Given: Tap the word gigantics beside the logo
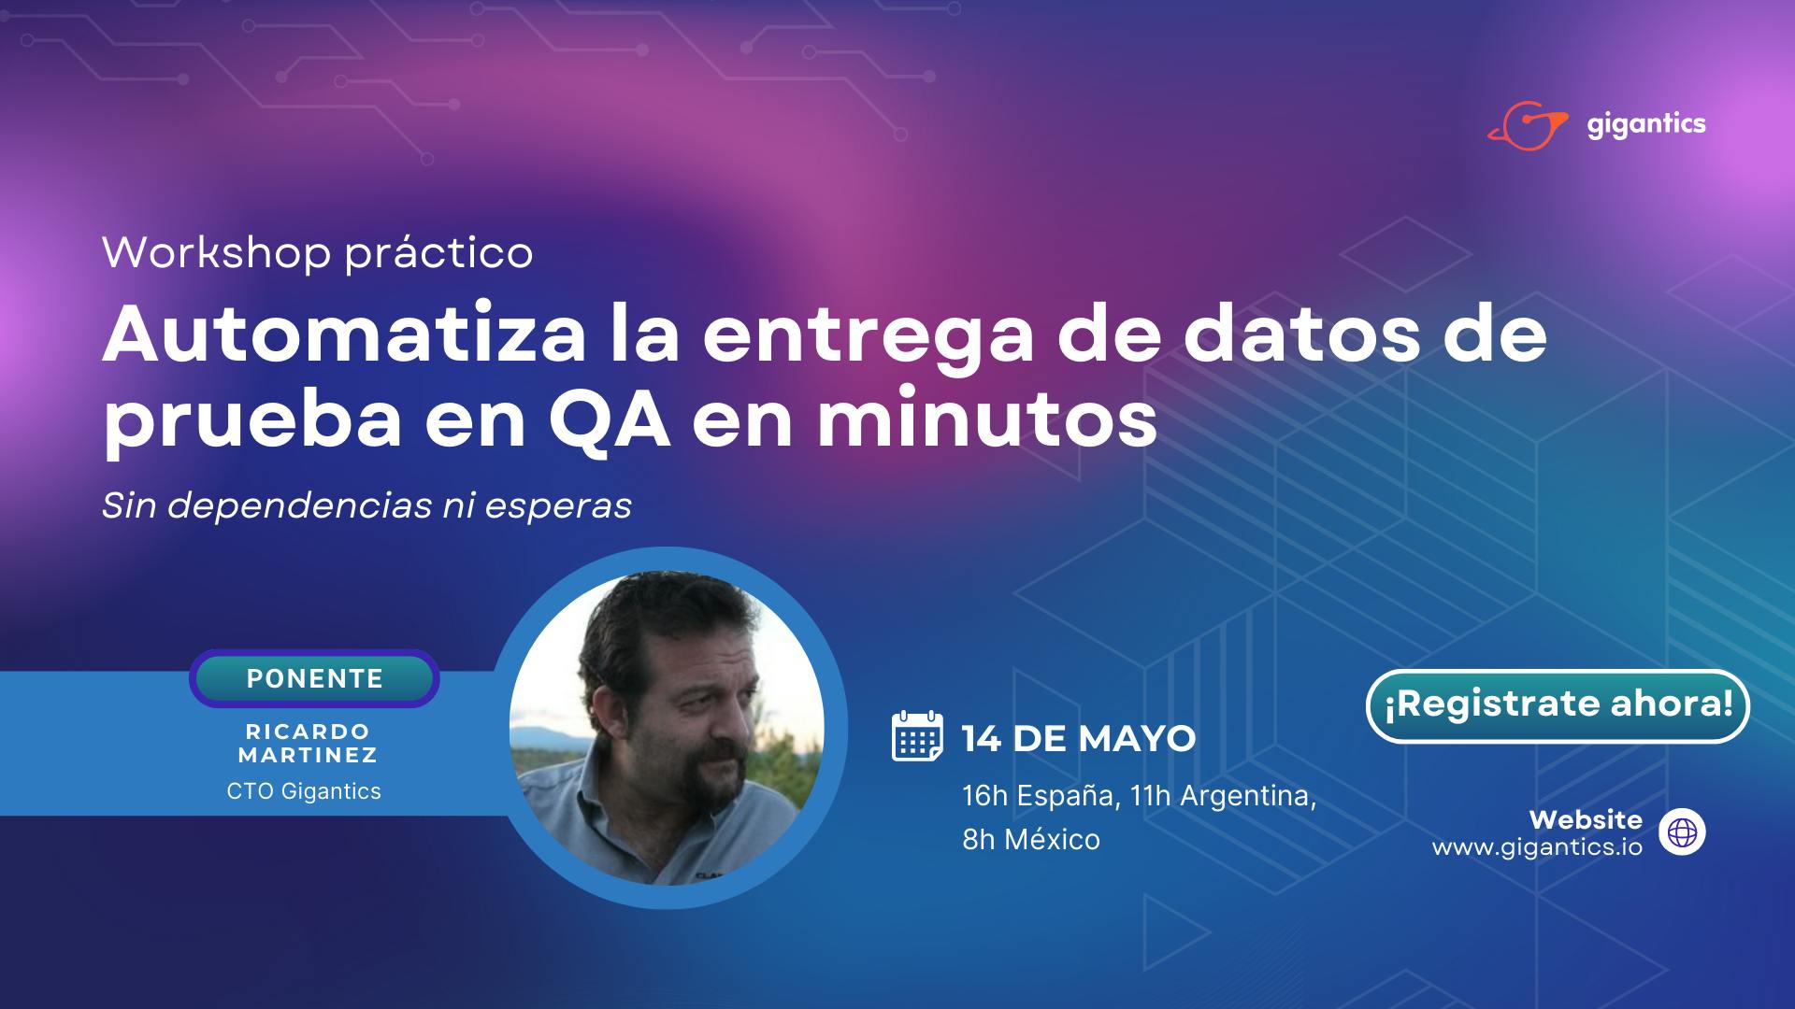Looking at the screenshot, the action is [1646, 125].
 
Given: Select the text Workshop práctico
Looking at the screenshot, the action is [318, 253].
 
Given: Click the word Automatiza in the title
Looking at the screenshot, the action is [344, 335].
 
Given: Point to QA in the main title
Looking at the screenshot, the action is [609, 421].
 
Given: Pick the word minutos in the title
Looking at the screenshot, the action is [986, 421].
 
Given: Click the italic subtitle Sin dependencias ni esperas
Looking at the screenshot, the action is [366, 506].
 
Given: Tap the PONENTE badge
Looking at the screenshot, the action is [314, 678].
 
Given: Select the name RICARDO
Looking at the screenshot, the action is [308, 732].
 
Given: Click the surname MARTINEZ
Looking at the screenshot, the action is [308, 755].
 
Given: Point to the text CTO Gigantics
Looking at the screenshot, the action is [304, 791].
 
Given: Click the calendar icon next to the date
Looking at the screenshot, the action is [917, 736].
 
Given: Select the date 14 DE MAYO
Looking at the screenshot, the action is [1079, 739].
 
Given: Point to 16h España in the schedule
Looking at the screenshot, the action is [1038, 796].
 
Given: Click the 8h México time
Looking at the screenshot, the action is [1031, 839].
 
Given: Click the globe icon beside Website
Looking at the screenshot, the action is [1682, 832].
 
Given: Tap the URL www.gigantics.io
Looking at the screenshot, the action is [1537, 847].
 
